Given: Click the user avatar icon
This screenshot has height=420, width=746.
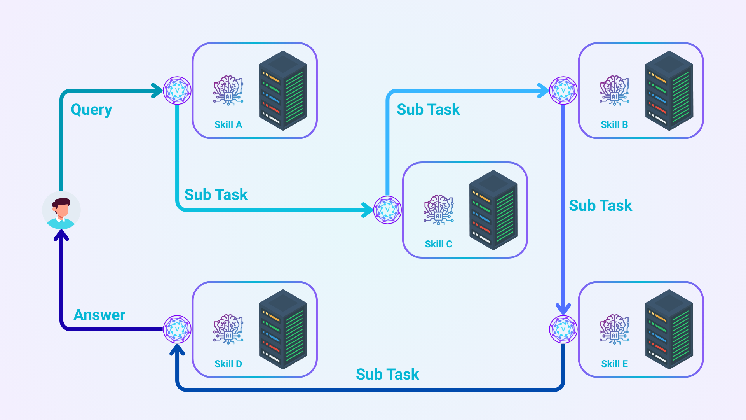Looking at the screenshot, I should (x=61, y=210).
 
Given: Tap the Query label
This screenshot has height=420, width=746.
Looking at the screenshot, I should (x=91, y=110).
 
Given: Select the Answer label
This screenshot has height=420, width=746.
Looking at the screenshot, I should (x=99, y=315).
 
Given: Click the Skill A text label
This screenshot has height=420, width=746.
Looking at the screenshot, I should (x=228, y=125).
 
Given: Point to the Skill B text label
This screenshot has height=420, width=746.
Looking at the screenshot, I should (x=614, y=125).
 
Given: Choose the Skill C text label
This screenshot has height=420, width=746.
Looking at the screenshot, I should (x=438, y=244).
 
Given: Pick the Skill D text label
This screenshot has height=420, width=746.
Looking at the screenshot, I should (x=228, y=364).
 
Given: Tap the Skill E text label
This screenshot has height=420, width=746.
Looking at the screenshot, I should (x=614, y=364).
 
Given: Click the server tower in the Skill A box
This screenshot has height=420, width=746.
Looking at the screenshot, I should (x=283, y=91).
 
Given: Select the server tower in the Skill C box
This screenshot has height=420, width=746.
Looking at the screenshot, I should (x=493, y=210).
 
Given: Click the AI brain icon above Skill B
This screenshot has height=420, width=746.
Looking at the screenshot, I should (x=614, y=91).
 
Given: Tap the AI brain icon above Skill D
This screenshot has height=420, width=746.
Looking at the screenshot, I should (x=228, y=329).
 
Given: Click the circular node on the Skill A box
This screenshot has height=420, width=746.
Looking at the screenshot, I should (x=177, y=91).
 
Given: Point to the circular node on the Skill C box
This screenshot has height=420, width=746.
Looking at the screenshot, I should (x=387, y=210).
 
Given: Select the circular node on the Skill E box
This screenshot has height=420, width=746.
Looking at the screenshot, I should (x=563, y=329).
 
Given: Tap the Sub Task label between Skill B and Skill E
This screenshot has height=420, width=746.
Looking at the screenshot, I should (x=600, y=205).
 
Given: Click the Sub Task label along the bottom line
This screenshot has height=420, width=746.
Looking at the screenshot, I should (x=387, y=374).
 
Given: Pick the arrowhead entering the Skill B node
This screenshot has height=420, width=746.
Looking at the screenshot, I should (x=544, y=91).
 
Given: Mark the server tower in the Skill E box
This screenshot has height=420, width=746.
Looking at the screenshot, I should (x=669, y=329).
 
